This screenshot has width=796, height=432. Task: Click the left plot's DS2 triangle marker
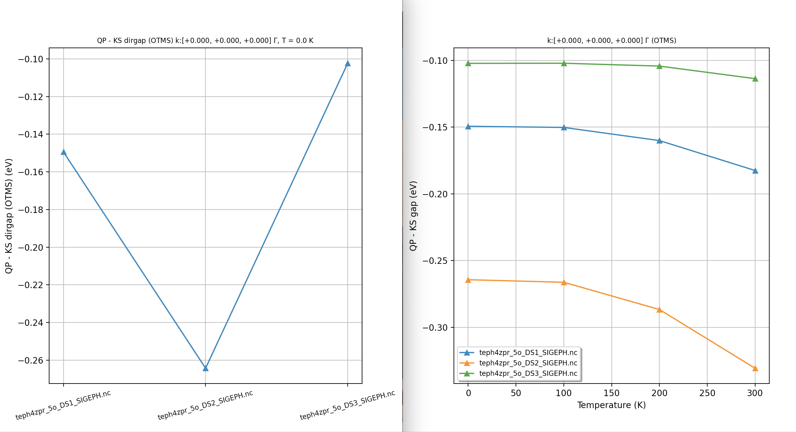tap(205, 368)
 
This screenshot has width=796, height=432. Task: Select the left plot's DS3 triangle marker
tap(348, 64)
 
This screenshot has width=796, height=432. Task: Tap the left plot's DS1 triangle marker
tap(64, 152)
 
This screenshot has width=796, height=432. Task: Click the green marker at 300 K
tap(755, 79)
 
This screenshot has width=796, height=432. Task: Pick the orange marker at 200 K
tap(659, 310)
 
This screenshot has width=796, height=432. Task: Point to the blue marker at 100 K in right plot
tap(564, 128)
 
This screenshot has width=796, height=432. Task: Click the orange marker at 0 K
tap(468, 280)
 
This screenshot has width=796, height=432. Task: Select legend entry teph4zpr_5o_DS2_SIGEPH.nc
tap(528, 363)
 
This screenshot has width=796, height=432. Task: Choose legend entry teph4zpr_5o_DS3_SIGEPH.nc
tap(528, 373)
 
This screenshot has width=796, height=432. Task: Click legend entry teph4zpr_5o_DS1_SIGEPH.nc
tap(528, 352)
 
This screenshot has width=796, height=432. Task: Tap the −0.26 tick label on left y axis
tap(31, 361)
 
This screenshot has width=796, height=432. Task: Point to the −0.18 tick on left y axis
tap(31, 210)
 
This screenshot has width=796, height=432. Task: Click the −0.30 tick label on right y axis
tap(435, 327)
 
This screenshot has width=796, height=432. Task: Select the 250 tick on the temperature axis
tap(707, 393)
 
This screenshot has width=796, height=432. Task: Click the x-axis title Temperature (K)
tap(611, 405)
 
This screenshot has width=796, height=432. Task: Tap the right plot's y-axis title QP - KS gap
tap(413, 216)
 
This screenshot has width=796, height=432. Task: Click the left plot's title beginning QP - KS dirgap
tap(205, 40)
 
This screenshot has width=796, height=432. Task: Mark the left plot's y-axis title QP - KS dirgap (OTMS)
tap(9, 216)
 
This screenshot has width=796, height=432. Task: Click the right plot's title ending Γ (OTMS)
tap(611, 40)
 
